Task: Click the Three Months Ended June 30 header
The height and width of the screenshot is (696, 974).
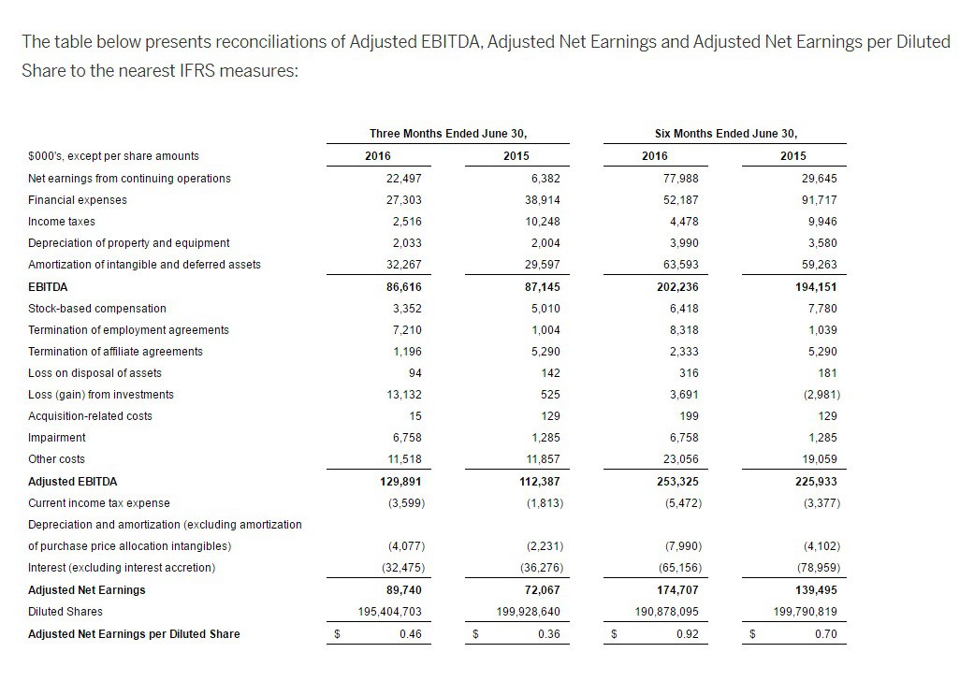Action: point(455,134)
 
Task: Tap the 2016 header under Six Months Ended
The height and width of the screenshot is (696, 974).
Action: point(655,156)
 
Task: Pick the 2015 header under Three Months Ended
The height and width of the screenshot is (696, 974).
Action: point(516,156)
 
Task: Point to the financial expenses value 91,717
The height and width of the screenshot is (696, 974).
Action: point(820,200)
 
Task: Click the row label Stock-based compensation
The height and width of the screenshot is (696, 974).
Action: point(97,309)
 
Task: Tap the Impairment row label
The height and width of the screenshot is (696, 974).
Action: point(57,438)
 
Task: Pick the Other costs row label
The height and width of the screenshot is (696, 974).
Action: point(56,459)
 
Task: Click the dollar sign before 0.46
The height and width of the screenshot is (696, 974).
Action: point(337,634)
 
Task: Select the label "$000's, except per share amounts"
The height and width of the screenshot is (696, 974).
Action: point(113,156)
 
